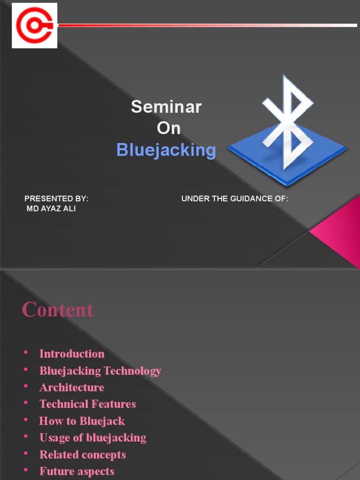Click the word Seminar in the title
pyautogui.click(x=166, y=107)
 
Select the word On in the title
pyautogui.click(x=169, y=128)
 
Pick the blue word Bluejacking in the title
pyautogui.click(x=166, y=150)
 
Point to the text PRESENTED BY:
pyautogui.click(x=56, y=199)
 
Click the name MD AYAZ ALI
pyautogui.click(x=51, y=209)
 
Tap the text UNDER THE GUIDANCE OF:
pyautogui.click(x=235, y=199)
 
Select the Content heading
pyautogui.click(x=58, y=310)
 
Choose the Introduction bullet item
pyautogui.click(x=72, y=354)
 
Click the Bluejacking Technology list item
pyautogui.click(x=100, y=371)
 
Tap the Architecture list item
pyautogui.click(x=72, y=388)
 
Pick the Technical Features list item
pyautogui.click(x=88, y=404)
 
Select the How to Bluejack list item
pyautogui.click(x=82, y=421)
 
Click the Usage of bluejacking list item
pyautogui.click(x=93, y=438)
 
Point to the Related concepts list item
pyautogui.click(x=82, y=455)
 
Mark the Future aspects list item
pyautogui.click(x=77, y=472)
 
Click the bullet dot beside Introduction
pyautogui.click(x=26, y=353)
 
